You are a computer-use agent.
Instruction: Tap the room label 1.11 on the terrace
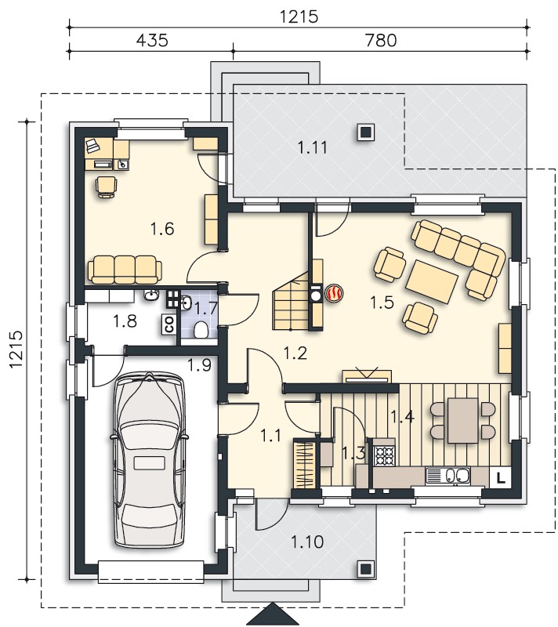point(312,147)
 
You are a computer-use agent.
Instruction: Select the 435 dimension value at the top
point(152,41)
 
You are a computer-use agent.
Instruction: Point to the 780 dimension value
point(381,41)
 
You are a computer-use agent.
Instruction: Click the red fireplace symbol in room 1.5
point(334,293)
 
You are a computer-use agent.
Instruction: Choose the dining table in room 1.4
point(463,420)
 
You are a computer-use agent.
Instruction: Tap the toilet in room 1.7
point(200,329)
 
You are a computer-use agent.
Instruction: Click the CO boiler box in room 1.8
point(168,324)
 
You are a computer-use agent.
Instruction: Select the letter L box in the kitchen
point(500,477)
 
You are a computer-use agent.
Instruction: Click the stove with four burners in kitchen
point(384,455)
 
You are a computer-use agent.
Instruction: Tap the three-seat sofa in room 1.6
point(125,270)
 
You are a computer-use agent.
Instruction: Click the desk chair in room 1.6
point(107,187)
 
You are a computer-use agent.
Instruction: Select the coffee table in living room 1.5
point(432,281)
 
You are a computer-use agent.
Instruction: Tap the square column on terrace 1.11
point(365,132)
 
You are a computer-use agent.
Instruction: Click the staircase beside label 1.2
point(292,306)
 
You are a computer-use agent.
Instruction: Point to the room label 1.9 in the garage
point(200,364)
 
